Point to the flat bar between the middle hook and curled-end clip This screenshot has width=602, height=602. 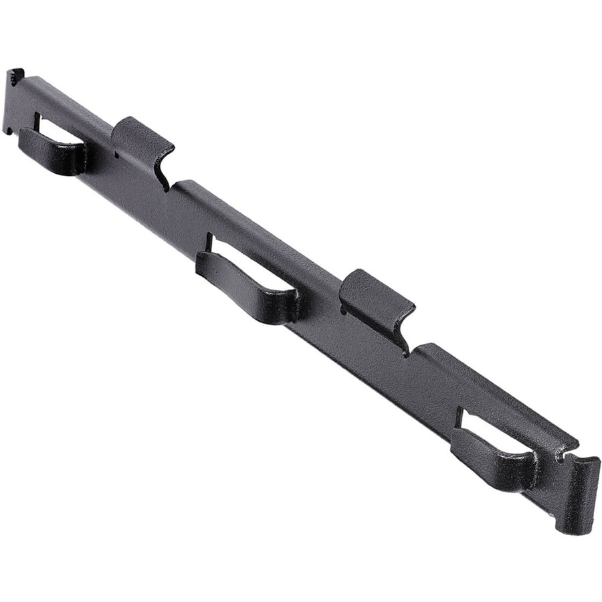pos(321,314)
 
